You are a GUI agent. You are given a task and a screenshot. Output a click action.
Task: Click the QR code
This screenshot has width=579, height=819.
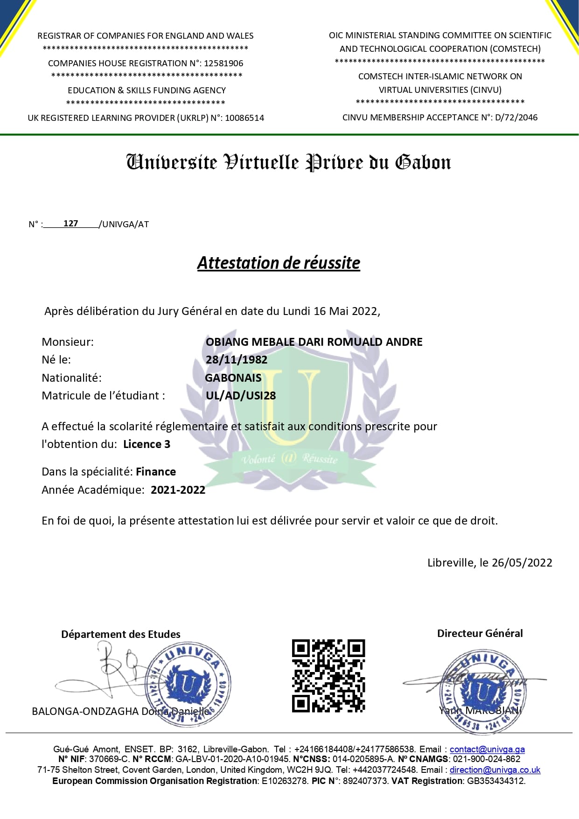pyautogui.click(x=328, y=675)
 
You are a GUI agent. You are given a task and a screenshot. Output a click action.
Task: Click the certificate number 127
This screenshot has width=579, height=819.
pyautogui.click(x=70, y=224)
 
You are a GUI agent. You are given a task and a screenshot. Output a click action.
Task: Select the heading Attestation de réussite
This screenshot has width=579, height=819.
pyautogui.click(x=279, y=263)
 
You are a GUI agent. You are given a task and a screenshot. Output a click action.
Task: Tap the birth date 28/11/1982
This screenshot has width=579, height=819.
pyautogui.click(x=237, y=360)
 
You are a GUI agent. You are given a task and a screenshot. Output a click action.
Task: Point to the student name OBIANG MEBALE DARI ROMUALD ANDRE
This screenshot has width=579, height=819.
pyautogui.click(x=314, y=342)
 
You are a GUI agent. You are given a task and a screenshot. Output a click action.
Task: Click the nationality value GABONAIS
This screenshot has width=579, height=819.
pyautogui.click(x=233, y=378)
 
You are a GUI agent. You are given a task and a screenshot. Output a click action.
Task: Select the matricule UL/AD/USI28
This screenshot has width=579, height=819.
pyautogui.click(x=241, y=396)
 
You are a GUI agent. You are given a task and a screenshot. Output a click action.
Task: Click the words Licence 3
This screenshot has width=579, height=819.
pyautogui.click(x=146, y=444)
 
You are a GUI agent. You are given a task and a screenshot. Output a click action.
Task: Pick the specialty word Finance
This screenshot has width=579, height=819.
pyautogui.click(x=156, y=472)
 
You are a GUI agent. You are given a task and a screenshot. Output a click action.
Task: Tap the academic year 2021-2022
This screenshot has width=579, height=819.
pyautogui.click(x=178, y=490)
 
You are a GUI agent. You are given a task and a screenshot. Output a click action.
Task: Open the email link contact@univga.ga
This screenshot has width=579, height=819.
pyautogui.click(x=487, y=749)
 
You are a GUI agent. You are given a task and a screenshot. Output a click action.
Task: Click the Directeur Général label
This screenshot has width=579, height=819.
pyautogui.click(x=480, y=633)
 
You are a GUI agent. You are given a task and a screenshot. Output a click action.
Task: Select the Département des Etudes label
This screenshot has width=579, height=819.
pyautogui.click(x=120, y=634)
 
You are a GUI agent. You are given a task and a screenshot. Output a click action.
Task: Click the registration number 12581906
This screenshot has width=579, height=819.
pyautogui.click(x=223, y=63)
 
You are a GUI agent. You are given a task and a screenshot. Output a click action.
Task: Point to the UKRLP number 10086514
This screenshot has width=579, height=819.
pyautogui.click(x=244, y=118)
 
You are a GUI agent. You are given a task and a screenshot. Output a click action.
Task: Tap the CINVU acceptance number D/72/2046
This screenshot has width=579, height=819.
pyautogui.click(x=516, y=118)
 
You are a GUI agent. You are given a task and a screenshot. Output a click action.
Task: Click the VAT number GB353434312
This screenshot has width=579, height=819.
pyautogui.click(x=496, y=781)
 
